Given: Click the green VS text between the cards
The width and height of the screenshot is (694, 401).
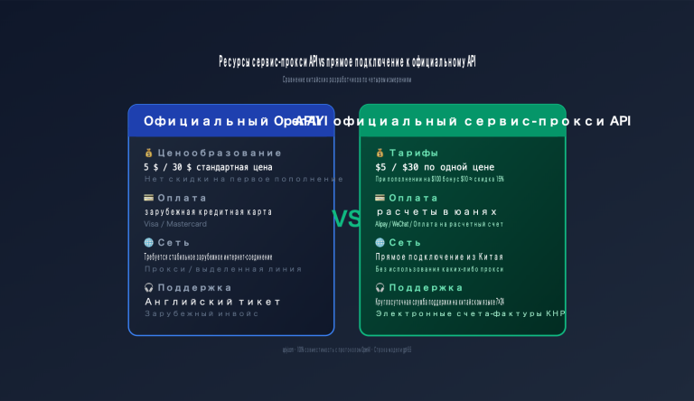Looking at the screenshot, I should pos(346,219).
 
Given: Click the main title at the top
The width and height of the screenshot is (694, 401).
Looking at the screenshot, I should pos(347,61).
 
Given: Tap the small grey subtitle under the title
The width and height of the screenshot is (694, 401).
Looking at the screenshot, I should pos(346,79).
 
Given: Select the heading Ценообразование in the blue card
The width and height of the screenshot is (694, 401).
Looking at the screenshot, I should pos(207,154).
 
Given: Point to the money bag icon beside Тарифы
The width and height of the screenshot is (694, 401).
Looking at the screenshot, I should pos(380,154).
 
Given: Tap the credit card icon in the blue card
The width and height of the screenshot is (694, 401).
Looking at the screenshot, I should pos(148,198).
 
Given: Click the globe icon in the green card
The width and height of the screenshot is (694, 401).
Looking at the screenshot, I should pos(380,242).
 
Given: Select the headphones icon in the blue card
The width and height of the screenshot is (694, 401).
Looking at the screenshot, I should pos(148,287).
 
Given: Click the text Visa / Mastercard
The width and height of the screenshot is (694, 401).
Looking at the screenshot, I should pos(175,224).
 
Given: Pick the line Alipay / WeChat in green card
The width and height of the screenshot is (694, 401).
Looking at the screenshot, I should pos(439,224).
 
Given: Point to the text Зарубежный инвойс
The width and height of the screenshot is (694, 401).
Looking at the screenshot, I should pos(202,313).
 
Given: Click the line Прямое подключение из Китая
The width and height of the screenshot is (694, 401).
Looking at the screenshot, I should pos(439,256).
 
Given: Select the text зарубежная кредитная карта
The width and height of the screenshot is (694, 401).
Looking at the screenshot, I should pos(207,211).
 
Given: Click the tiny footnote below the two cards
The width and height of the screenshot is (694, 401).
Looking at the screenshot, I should pos(346,350).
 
